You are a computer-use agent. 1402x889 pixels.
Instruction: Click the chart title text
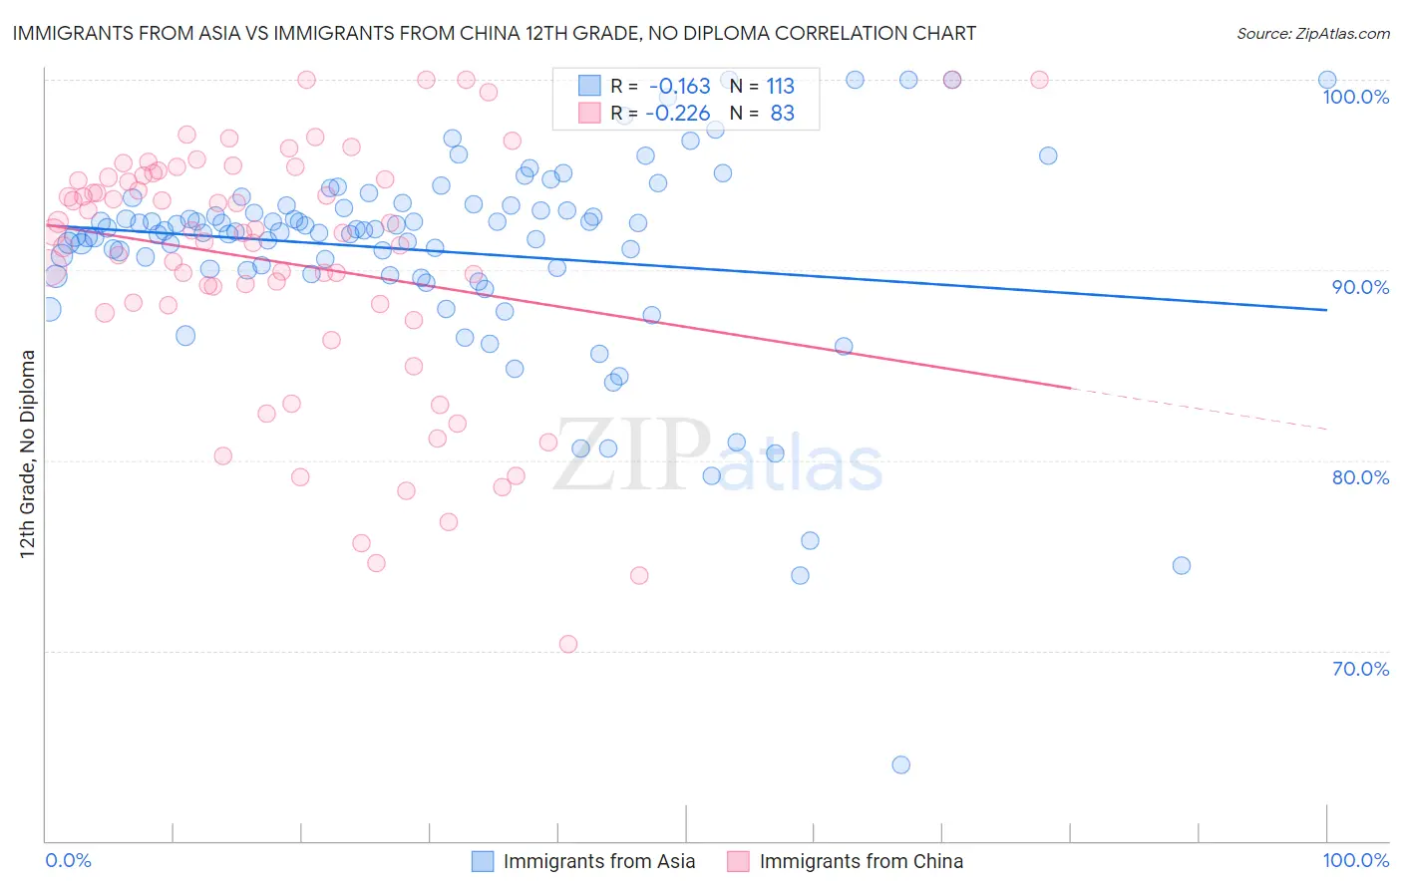[494, 33]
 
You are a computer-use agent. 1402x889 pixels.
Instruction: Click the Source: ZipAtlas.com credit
[1312, 33]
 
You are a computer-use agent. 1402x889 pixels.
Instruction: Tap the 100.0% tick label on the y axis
[1355, 97]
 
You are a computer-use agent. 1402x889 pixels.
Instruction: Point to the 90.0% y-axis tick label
[1360, 287]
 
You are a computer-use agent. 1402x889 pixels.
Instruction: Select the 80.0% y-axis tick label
[1360, 477]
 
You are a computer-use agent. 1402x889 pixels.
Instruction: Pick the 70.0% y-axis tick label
[1360, 669]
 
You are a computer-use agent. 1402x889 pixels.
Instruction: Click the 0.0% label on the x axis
[68, 860]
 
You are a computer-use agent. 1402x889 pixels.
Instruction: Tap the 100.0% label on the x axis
[1355, 860]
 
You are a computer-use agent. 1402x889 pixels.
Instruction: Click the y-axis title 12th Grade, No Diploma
[28, 453]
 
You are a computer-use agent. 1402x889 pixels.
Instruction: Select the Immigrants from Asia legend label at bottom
[598, 861]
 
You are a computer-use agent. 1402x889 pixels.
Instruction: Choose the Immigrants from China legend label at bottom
[861, 861]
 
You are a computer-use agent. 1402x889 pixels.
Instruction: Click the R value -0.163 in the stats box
[679, 87]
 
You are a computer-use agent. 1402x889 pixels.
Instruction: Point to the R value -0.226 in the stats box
[678, 113]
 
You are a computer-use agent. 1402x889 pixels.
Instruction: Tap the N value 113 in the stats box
[780, 87]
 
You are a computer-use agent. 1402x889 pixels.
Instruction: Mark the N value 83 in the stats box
[782, 113]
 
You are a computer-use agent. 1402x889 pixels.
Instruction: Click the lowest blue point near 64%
[900, 764]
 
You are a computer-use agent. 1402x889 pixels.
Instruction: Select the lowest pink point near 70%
[568, 644]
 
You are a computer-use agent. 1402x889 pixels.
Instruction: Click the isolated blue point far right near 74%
[1182, 565]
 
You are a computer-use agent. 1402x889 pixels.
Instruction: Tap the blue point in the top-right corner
[1327, 80]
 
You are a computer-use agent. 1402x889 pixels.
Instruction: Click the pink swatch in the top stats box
[589, 113]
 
